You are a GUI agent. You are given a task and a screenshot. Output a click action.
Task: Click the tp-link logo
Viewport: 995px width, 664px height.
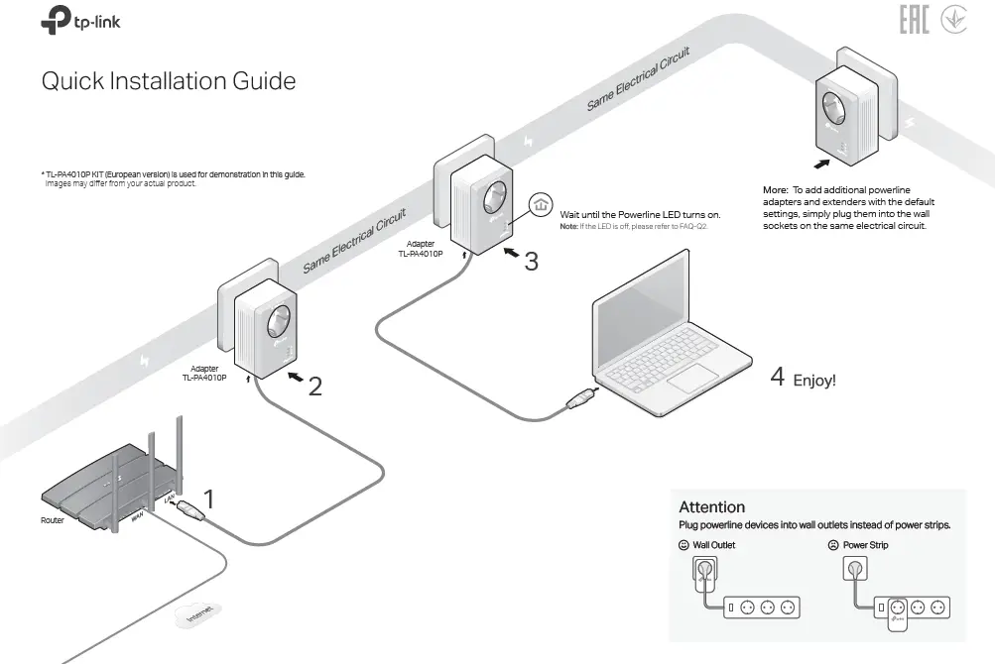pos(81,21)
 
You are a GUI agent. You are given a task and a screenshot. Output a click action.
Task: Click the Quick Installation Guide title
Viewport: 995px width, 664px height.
pos(168,80)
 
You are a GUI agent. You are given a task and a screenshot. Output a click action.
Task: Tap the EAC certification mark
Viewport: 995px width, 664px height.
pos(914,21)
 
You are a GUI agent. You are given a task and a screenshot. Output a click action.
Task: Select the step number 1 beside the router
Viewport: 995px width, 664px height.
pos(209,498)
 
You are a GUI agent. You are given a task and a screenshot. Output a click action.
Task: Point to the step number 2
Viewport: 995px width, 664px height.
pos(314,387)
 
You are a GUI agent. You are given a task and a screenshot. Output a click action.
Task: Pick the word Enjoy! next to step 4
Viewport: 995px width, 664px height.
pos(814,380)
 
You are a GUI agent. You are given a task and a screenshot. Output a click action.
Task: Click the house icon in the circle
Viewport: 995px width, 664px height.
pos(540,205)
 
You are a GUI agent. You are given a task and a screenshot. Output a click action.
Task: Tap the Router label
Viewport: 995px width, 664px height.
pos(53,519)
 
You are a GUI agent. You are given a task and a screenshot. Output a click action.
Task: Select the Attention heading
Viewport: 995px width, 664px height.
pos(711,506)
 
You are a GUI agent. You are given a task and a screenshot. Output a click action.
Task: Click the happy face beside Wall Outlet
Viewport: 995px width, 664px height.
pos(684,545)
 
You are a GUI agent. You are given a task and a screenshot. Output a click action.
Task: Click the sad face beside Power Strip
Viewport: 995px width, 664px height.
pos(833,545)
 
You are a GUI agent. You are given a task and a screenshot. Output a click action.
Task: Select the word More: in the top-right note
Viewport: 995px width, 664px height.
pos(775,189)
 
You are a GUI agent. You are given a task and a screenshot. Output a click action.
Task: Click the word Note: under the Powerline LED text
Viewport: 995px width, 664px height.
pos(569,227)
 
